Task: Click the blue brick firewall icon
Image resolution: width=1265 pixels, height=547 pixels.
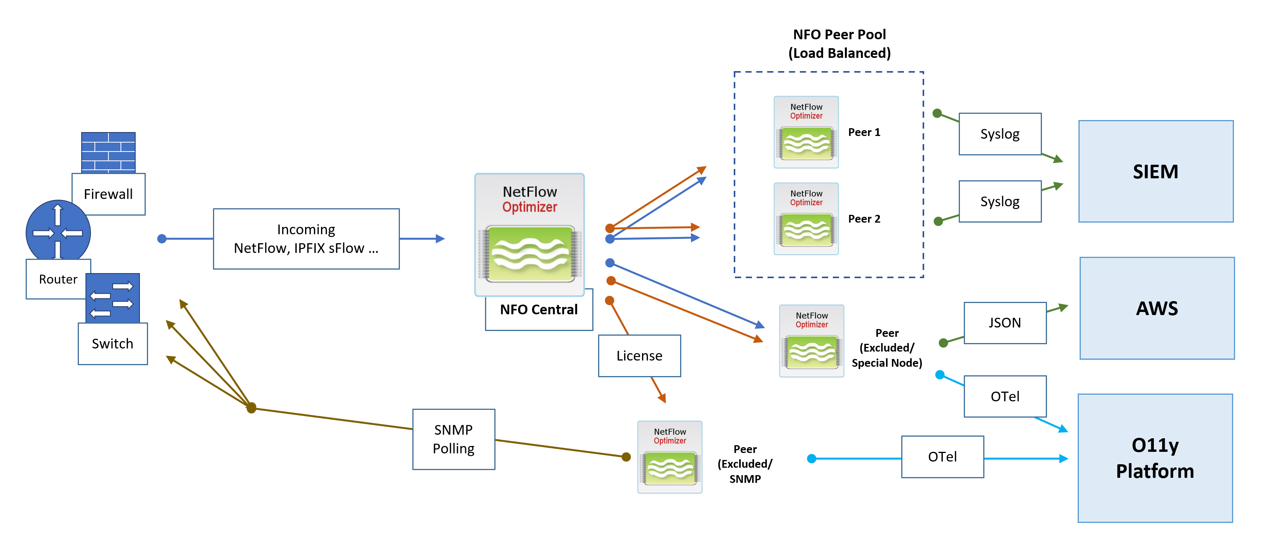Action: click(108, 152)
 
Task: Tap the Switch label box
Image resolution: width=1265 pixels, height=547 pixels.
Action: click(112, 344)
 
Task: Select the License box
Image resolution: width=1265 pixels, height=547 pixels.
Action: click(639, 356)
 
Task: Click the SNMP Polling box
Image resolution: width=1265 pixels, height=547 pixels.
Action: click(453, 439)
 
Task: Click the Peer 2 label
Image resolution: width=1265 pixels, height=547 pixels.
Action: click(864, 219)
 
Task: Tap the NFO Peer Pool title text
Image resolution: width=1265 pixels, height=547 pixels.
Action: click(839, 44)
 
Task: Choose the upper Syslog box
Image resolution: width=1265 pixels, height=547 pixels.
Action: click(1000, 134)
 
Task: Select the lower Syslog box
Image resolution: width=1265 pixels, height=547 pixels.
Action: click(1000, 202)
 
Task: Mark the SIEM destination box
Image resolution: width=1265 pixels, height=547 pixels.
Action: click(1155, 171)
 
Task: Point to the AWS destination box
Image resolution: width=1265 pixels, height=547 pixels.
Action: click(1157, 308)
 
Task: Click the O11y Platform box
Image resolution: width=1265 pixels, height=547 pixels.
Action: click(1155, 458)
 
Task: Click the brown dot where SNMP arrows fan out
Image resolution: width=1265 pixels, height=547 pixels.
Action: click(251, 408)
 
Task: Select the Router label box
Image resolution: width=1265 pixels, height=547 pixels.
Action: click(58, 279)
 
